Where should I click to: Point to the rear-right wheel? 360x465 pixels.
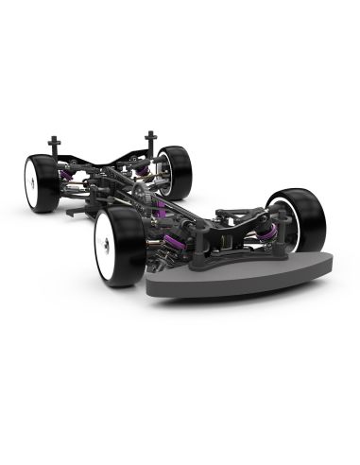pos(175,170)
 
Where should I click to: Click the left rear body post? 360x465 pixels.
pos(56,146)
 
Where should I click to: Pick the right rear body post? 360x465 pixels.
pos(149,142)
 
